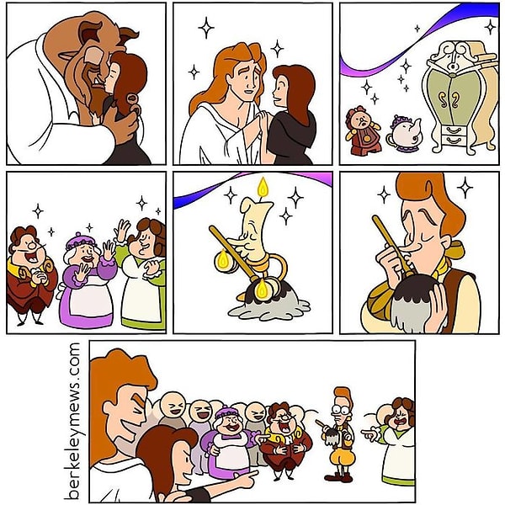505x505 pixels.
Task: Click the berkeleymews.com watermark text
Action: [75, 421]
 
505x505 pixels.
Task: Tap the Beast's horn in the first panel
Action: [127, 35]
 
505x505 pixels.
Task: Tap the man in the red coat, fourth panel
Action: [29, 274]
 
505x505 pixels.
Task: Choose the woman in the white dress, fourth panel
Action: [143, 278]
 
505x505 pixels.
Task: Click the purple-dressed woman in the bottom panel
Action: [226, 442]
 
